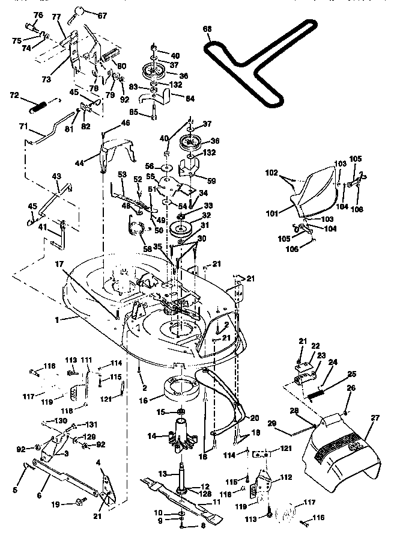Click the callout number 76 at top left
pos(38,14)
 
